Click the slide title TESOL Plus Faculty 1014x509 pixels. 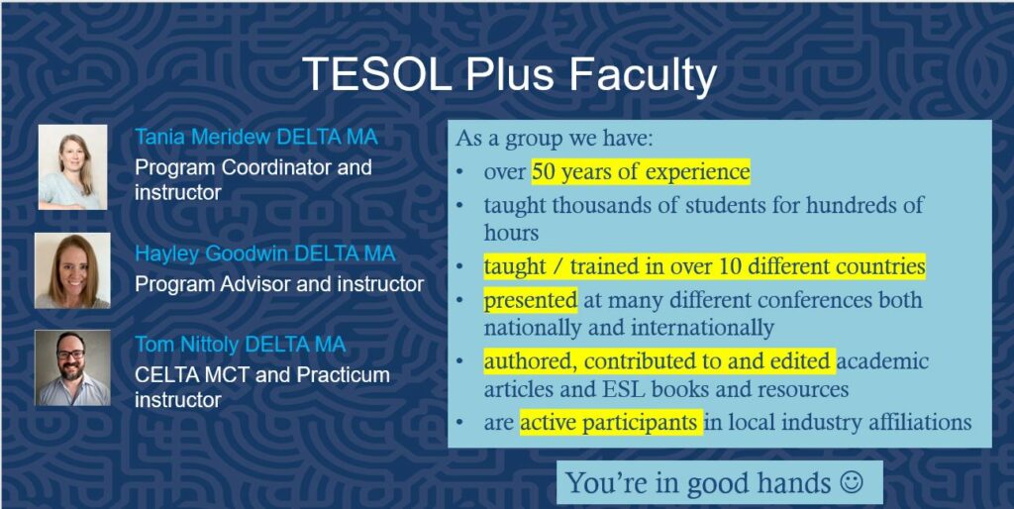[509, 75]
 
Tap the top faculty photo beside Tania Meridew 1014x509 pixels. [72, 167]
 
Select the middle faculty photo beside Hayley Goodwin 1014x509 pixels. [72, 270]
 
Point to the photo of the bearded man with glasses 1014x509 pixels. [72, 368]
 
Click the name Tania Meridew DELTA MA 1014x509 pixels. [256, 137]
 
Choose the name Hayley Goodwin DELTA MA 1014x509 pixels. [265, 254]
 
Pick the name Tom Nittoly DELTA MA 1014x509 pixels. [240, 344]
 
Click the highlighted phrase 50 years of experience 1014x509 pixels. [641, 172]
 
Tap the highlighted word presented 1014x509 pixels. [531, 300]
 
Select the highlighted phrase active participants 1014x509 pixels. [611, 422]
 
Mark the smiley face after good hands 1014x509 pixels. [851, 482]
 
